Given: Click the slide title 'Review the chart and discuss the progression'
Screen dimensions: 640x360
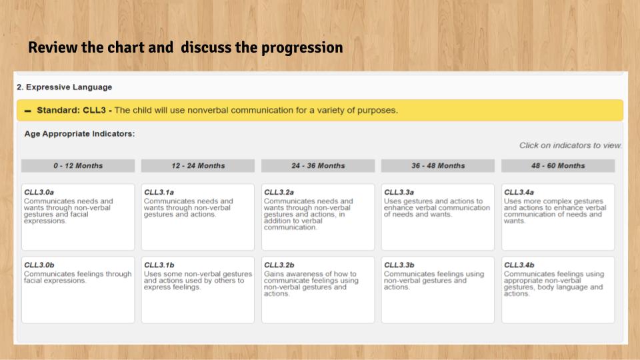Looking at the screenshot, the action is (x=185, y=48).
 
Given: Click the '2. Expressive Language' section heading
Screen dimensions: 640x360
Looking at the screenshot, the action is (x=65, y=87).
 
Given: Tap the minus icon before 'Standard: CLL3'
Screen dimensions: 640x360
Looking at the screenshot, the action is (x=28, y=111).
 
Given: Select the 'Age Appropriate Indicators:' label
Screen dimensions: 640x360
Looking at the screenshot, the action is (x=79, y=133).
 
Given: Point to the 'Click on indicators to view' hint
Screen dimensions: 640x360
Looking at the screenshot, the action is (x=570, y=145).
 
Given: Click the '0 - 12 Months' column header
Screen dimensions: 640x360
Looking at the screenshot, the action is (x=78, y=166).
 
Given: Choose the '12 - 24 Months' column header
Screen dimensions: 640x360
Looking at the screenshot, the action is (x=198, y=166).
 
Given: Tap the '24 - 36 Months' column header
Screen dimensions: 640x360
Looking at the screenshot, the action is (x=318, y=166).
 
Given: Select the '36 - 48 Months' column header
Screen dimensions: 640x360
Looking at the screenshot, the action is (x=438, y=166).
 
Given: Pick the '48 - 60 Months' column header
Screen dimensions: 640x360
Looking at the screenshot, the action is (x=558, y=166).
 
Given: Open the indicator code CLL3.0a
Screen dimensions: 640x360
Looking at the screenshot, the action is (x=39, y=192).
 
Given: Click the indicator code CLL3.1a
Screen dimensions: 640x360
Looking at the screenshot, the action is (x=159, y=192).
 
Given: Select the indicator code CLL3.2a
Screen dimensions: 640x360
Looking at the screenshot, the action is (x=279, y=192).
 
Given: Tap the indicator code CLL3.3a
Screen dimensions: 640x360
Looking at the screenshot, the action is (x=399, y=192).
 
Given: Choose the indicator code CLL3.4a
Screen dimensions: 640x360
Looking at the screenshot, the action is (x=519, y=192).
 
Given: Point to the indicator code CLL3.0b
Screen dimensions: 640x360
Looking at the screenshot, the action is (x=39, y=265).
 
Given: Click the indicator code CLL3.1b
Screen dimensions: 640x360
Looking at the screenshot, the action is (x=159, y=265).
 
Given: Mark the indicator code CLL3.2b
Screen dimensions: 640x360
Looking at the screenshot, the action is (x=279, y=265).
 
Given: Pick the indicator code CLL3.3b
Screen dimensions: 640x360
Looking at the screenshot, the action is (x=399, y=265).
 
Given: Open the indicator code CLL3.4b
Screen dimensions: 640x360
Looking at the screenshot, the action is (x=519, y=265).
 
